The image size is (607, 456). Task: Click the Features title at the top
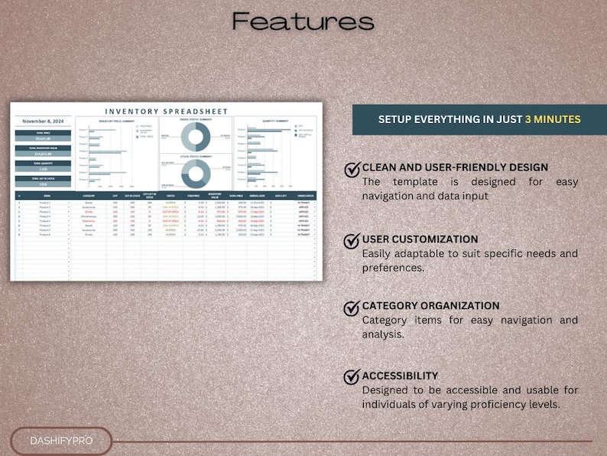tap(303, 21)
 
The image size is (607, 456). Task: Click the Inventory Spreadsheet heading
tap(166, 112)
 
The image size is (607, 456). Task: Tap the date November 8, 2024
tap(43, 121)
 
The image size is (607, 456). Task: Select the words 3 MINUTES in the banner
tap(553, 119)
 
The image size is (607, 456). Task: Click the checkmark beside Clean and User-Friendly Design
tap(352, 169)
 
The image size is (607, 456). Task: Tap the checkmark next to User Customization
tap(352, 241)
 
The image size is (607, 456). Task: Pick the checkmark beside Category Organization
tap(352, 308)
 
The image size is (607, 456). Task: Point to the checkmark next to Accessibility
tap(352, 377)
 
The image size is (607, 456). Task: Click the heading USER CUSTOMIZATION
tap(420, 239)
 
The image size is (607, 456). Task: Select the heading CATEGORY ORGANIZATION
tap(430, 306)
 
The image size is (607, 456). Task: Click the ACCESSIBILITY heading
tap(400, 376)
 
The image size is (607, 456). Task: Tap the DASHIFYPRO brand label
tap(60, 441)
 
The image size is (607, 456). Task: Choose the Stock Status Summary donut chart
tap(195, 174)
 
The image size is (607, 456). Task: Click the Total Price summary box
tap(43, 135)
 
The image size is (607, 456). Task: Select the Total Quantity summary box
tap(43, 166)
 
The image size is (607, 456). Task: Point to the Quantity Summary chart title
tap(274, 120)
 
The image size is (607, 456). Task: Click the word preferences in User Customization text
tap(393, 269)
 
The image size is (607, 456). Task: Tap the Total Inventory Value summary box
tap(43, 151)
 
